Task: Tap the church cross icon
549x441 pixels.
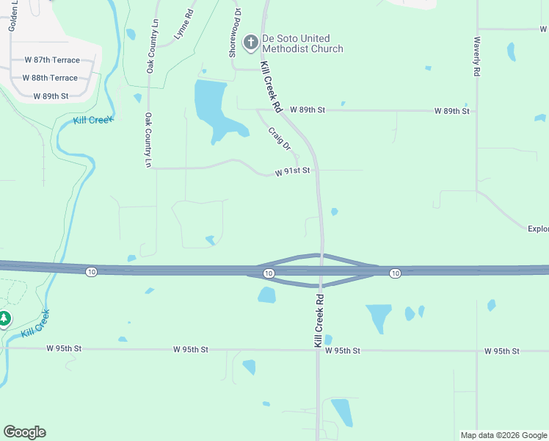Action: pos(250,43)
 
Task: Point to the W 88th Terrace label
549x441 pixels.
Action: pos(50,78)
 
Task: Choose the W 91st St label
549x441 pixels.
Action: pos(293,171)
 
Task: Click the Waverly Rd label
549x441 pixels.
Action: pos(477,57)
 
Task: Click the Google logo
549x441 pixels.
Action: pos(24,432)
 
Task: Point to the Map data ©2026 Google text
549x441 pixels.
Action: pos(503,435)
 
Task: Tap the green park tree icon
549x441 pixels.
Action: pos(4,318)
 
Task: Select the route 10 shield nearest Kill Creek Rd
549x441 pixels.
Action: pos(269,273)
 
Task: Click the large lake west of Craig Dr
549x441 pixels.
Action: pos(214,107)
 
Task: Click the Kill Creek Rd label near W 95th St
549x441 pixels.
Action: pos(319,321)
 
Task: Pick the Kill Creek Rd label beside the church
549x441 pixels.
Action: pos(271,87)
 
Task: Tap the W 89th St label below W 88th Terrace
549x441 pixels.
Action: pos(51,96)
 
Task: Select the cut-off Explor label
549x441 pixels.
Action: pos(538,229)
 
